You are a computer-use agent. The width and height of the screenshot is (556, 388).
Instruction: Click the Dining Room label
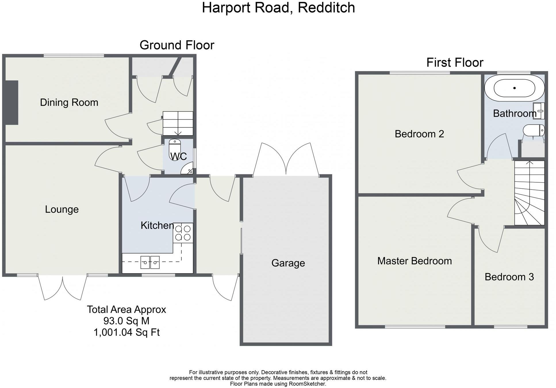(x=69, y=102)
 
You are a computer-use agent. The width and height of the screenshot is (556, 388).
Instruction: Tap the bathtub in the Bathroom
(x=514, y=88)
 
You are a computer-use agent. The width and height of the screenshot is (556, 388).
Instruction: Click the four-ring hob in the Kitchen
(x=183, y=233)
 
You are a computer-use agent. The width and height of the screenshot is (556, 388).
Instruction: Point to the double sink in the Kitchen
(x=150, y=262)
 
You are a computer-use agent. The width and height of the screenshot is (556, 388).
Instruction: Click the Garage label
(x=288, y=263)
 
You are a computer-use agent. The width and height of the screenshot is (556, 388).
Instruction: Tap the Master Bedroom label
(x=414, y=261)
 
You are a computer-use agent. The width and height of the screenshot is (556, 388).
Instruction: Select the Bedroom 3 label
(x=509, y=277)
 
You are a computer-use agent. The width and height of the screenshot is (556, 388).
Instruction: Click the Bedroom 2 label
(x=419, y=134)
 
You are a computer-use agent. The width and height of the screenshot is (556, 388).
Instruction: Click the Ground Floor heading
(x=177, y=45)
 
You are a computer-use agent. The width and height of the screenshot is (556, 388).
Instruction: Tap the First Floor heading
(x=455, y=62)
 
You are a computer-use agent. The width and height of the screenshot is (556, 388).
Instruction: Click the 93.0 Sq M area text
(x=126, y=321)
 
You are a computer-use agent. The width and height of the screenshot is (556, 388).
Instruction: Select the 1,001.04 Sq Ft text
(x=126, y=332)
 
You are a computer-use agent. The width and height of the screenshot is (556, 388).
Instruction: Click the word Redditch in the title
(x=326, y=7)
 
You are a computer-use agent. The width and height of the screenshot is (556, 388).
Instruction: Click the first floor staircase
(x=529, y=193)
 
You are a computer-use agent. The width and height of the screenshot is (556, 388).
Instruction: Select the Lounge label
(x=62, y=209)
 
